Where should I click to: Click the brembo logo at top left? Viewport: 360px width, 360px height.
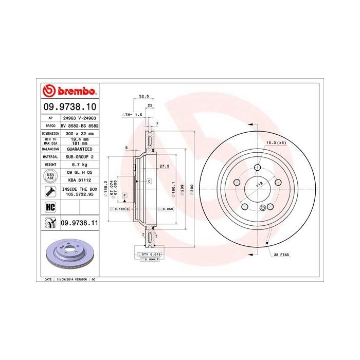click(69, 92)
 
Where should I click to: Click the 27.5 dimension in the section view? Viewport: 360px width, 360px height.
click(165, 166)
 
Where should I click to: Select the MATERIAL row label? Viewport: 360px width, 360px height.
click(50, 156)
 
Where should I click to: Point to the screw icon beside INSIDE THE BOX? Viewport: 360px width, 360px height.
click(50, 192)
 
